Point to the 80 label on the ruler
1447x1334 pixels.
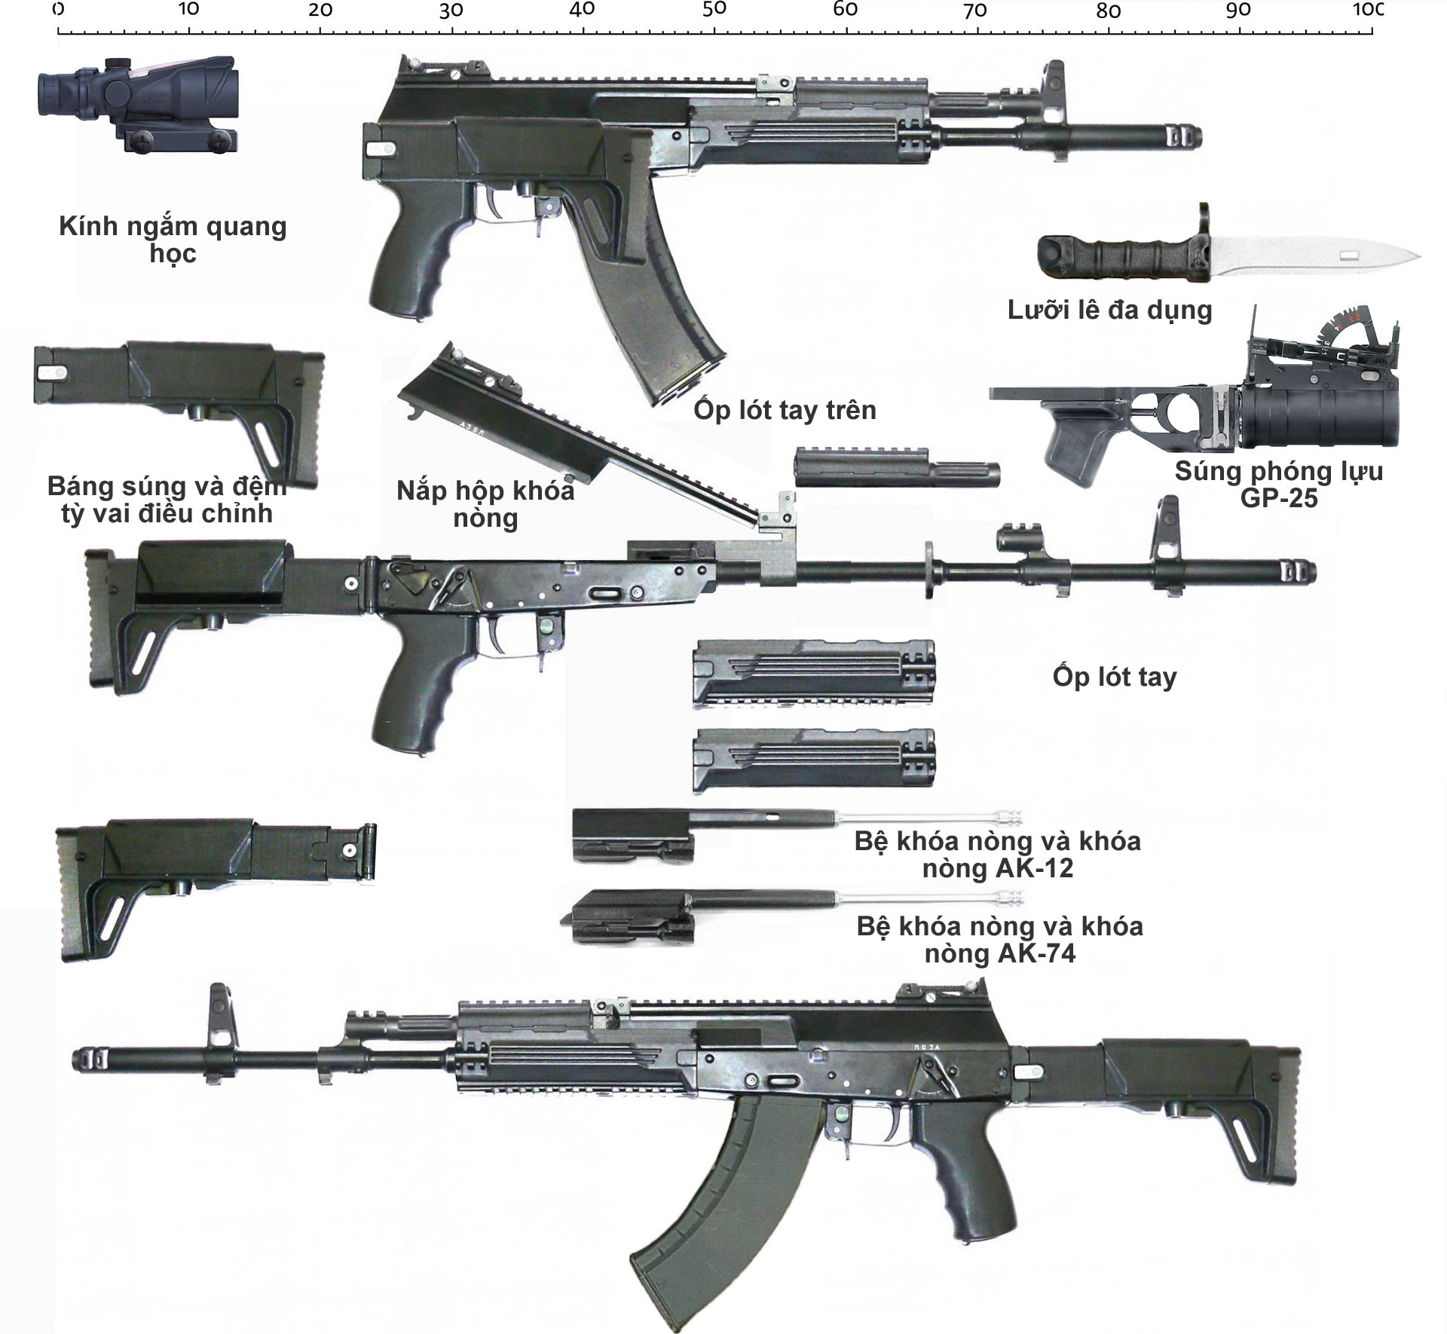[1108, 11]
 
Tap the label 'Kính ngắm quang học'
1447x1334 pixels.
[173, 239]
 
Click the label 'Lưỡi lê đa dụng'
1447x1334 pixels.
[1109, 310]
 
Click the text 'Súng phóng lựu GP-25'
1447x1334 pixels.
[1278, 485]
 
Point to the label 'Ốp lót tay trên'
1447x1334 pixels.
[785, 410]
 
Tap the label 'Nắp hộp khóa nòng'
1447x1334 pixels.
[485, 504]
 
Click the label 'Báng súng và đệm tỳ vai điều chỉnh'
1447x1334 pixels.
[167, 500]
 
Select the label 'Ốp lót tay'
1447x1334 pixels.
[1114, 677]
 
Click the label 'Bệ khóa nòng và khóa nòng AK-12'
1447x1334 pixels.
[997, 855]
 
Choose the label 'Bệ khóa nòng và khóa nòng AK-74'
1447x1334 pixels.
[999, 940]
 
